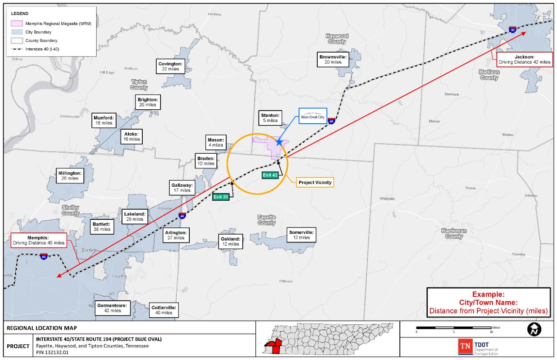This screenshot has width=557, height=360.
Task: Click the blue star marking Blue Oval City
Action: [279, 142]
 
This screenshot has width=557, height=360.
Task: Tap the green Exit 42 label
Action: [270, 175]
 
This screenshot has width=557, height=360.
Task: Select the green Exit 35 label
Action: [221, 197]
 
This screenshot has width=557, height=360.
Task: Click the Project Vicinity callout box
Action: [315, 182]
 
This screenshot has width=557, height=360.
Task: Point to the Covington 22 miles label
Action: [170, 66]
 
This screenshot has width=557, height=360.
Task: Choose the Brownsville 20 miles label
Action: [333, 59]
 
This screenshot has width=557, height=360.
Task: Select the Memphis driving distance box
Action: [39, 240]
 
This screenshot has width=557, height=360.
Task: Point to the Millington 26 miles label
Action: [70, 175]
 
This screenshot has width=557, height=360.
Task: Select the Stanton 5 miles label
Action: [270, 118]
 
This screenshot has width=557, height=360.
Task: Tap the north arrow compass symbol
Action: [534, 330]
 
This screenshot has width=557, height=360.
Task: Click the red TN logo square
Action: [465, 347]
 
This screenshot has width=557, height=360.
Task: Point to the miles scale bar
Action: [454, 328]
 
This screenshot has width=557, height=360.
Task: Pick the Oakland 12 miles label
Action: [230, 242]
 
